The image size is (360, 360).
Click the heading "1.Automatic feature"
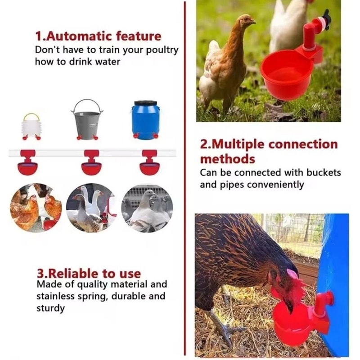[98, 36]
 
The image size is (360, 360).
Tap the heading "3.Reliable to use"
[88, 273]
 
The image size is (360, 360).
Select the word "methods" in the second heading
[227, 159]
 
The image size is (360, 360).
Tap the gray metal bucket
[87, 119]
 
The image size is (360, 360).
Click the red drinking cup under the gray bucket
[91, 166]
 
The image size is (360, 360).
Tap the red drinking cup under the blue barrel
[149, 166]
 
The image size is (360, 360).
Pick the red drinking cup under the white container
[28, 166]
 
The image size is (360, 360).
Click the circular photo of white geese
[88, 207]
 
